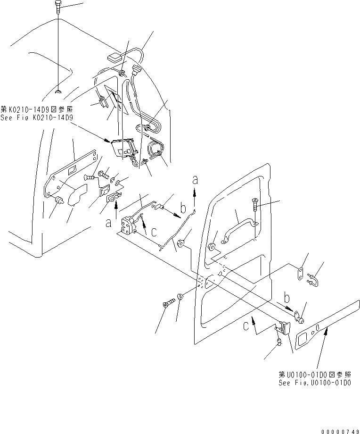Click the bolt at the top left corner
57,8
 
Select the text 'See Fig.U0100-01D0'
314,383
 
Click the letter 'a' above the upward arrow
194,179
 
